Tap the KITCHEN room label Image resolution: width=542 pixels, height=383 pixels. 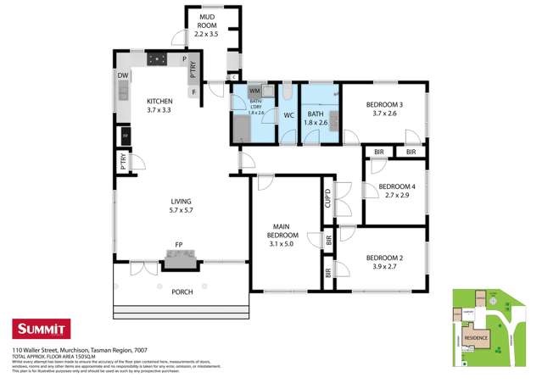click(159, 105)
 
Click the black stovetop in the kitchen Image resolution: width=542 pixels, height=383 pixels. click(158, 59)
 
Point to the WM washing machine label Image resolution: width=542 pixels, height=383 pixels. click(254, 91)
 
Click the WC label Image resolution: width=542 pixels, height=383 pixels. click(288, 114)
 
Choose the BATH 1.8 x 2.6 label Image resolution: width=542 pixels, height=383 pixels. click(316, 118)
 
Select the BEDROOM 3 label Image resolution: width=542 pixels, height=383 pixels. click(384, 109)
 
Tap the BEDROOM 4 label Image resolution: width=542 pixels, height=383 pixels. click(396, 191)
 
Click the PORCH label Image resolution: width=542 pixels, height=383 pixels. click(181, 291)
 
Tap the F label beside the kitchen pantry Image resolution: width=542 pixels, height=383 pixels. click(194, 91)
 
